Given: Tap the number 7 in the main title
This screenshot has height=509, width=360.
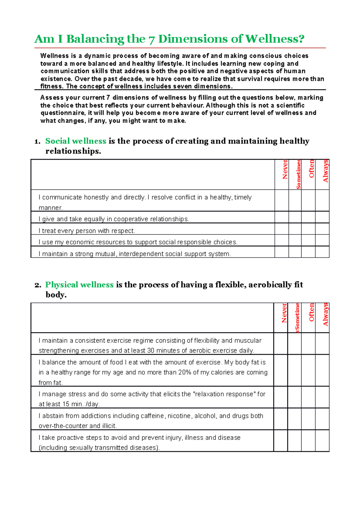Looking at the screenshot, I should click(152, 39).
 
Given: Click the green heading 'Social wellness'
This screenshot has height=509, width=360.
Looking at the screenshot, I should click(76, 141).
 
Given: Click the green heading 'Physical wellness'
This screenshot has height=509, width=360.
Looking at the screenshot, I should click(79, 284).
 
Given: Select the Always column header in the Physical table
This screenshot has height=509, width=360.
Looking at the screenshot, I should click(325, 314).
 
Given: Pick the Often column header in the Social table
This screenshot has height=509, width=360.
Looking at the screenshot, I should click(311, 169).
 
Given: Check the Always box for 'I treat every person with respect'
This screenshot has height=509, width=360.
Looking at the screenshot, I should click(322, 229).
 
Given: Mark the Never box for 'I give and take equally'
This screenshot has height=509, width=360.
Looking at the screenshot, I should click(282, 217).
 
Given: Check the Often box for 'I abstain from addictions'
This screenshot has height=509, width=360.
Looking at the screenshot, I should click(308, 419).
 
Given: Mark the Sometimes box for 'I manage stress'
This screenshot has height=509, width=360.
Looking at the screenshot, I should click(294, 397).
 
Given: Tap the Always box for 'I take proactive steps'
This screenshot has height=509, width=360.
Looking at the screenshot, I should click(322, 441).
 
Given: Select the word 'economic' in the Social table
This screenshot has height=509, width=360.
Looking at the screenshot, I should click(79, 242).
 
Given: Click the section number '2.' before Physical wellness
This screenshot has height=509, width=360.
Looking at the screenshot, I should click(38, 285).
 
